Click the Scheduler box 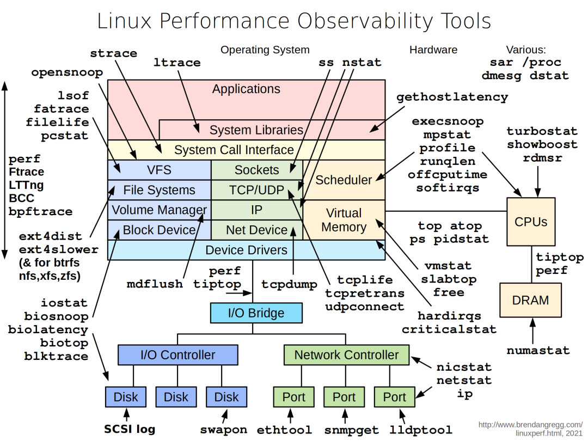click(x=344, y=180)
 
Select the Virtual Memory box click(x=344, y=220)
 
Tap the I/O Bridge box click(x=256, y=313)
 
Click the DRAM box click(x=530, y=301)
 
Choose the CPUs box click(x=530, y=222)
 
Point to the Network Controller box click(x=346, y=355)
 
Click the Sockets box click(x=256, y=170)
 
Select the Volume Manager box click(x=159, y=210)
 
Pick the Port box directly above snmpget click(x=344, y=397)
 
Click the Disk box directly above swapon click(x=226, y=397)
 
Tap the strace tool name click(x=113, y=53)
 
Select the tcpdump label click(x=289, y=284)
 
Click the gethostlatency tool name click(x=452, y=97)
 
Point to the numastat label click(x=538, y=351)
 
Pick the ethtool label click(x=284, y=430)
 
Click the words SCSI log click(x=130, y=429)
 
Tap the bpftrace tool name click(x=40, y=211)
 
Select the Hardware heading click(x=433, y=50)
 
